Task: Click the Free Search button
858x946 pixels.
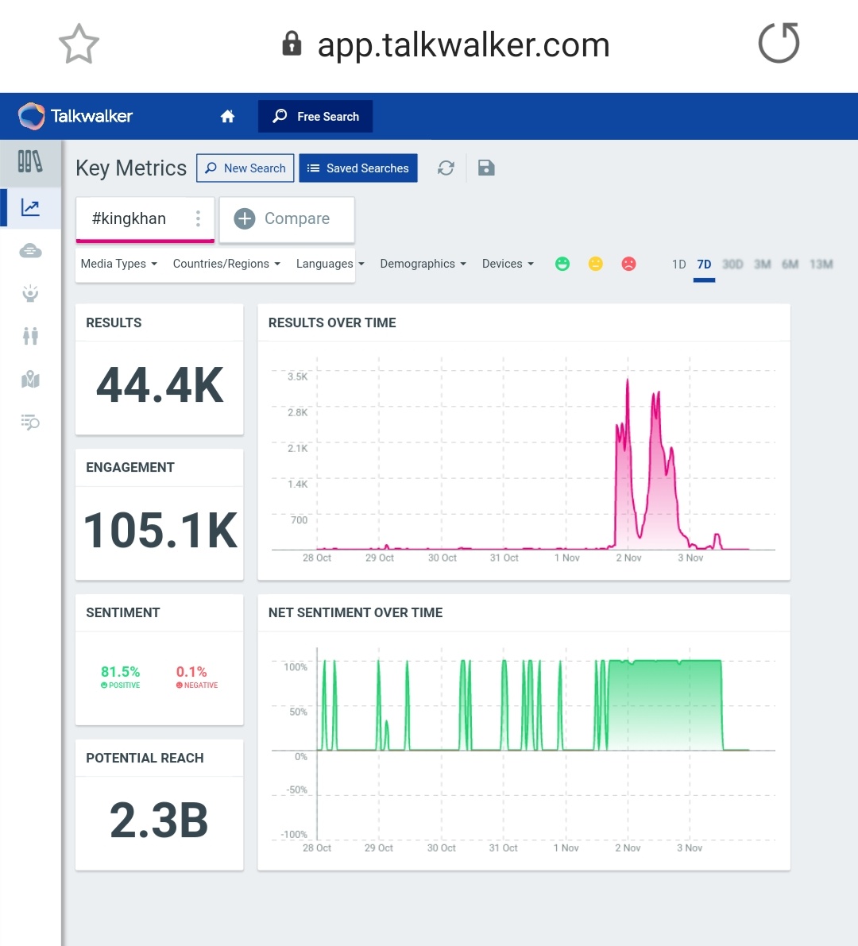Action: click(x=315, y=116)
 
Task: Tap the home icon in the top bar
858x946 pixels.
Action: click(x=227, y=117)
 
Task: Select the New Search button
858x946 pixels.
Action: click(x=245, y=168)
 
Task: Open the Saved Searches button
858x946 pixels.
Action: click(x=358, y=168)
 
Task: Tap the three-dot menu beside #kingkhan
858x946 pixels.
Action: click(x=198, y=218)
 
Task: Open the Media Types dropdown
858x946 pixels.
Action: click(x=119, y=264)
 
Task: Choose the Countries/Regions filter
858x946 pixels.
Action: click(x=226, y=264)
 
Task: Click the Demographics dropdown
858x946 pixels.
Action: click(x=423, y=264)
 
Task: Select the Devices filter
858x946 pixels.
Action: click(x=508, y=264)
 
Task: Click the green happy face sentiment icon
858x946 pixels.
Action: click(x=562, y=264)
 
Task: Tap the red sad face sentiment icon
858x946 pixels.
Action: click(x=628, y=264)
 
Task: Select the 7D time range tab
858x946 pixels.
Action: click(x=704, y=264)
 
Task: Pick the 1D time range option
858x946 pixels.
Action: click(x=678, y=264)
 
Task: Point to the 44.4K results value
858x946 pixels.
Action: click(x=160, y=386)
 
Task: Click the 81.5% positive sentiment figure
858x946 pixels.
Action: click(x=120, y=672)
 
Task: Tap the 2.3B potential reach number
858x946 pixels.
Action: click(x=159, y=821)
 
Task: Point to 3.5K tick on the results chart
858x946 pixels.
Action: click(x=297, y=376)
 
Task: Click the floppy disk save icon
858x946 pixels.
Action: click(x=486, y=168)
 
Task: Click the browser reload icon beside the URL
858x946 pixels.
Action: click(x=779, y=43)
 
